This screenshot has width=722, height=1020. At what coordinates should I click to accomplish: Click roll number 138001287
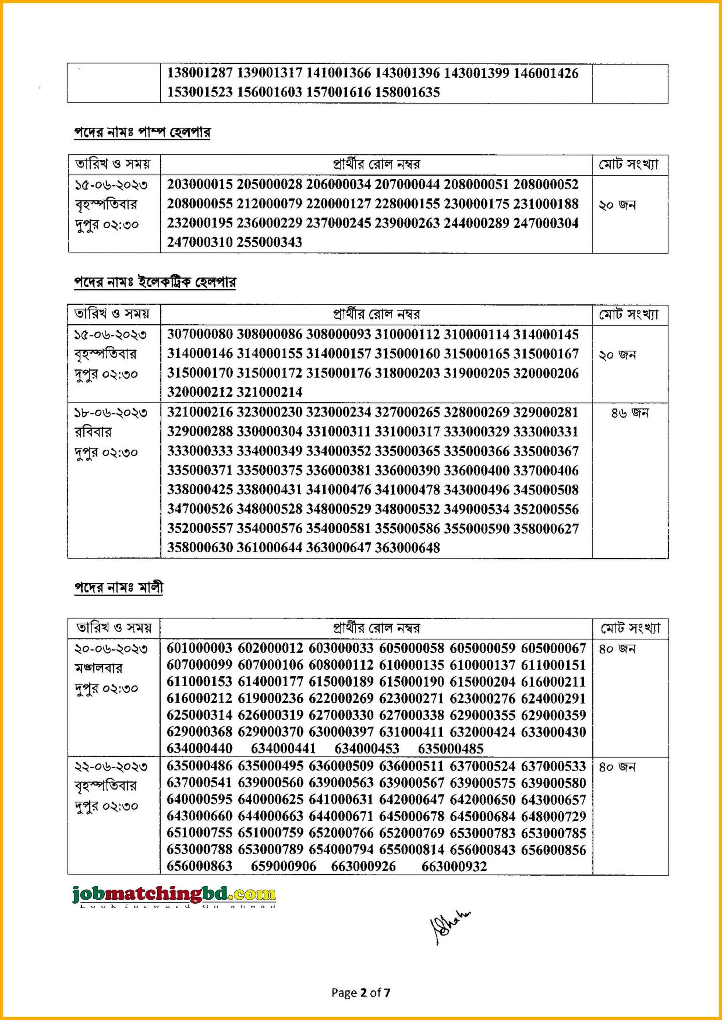click(x=200, y=73)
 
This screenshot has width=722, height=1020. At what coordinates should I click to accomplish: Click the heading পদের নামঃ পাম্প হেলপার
click(x=142, y=132)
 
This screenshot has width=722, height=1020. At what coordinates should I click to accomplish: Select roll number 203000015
click(x=200, y=184)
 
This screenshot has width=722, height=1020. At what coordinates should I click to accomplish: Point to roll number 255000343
click(x=269, y=242)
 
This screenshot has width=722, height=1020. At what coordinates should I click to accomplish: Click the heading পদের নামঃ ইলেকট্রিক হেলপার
click(x=155, y=282)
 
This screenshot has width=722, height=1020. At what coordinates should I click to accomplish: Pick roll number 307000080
click(x=200, y=334)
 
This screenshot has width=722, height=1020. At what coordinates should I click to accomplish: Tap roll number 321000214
click(x=269, y=392)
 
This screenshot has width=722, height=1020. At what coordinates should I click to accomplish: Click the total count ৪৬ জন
click(x=630, y=413)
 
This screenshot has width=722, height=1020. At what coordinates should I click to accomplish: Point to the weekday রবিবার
click(x=93, y=432)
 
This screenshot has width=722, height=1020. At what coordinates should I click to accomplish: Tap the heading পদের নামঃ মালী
click(x=118, y=588)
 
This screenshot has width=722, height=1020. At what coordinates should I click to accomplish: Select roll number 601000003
click(x=199, y=648)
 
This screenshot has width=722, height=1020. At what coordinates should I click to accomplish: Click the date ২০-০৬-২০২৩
click(x=110, y=649)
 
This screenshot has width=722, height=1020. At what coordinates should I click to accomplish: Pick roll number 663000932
click(x=454, y=866)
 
